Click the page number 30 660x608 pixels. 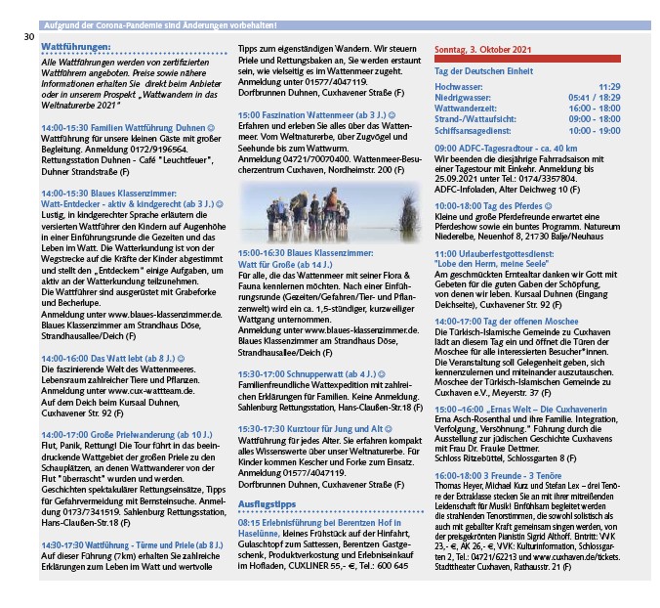coord(29,38)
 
